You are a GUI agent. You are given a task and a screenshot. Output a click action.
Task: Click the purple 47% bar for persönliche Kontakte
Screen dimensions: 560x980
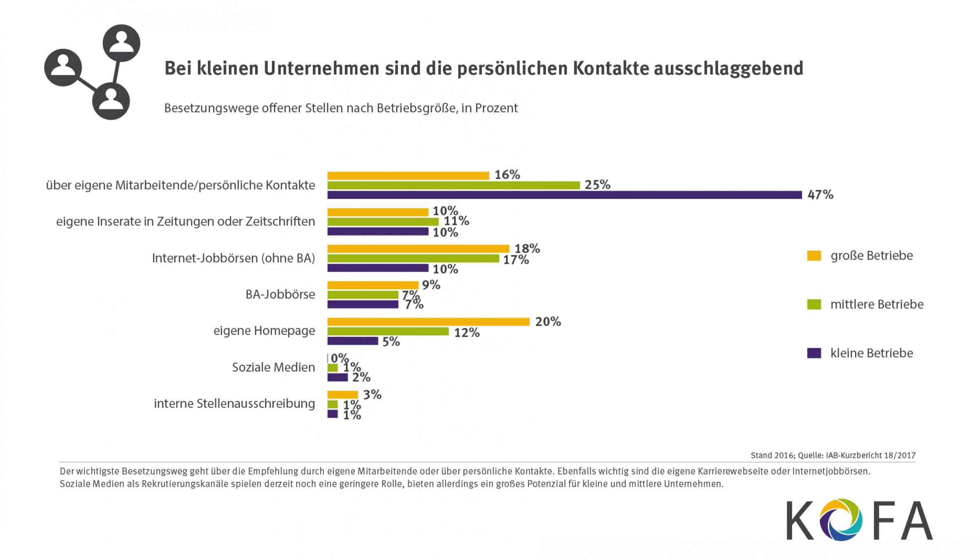coord(564,195)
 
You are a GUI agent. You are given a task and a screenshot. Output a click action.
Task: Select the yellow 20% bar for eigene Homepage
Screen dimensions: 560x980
coord(428,322)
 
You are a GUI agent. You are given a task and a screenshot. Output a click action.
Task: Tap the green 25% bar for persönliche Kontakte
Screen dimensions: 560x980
coord(453,185)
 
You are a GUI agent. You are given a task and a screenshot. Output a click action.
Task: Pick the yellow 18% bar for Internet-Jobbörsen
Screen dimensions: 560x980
coord(418,249)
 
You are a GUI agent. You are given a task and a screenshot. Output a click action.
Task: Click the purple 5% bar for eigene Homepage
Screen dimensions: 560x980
coord(353,341)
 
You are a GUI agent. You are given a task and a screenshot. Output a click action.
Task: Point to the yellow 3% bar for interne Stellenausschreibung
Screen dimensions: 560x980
coord(343,395)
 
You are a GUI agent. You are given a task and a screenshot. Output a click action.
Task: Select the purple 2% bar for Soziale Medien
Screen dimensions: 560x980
coord(338,377)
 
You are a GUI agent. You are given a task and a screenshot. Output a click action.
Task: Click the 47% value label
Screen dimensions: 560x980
coord(820,195)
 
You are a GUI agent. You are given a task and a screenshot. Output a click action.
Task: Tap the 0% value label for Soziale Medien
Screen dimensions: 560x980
coord(339,358)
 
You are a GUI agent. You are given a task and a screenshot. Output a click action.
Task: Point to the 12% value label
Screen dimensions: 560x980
coord(467,333)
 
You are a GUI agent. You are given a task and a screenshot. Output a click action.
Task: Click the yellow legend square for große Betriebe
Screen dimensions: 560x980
coord(814,256)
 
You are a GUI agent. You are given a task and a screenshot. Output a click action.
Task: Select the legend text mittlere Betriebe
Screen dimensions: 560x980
coord(877,304)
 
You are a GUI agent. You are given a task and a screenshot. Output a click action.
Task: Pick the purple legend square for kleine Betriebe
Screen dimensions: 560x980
coord(814,353)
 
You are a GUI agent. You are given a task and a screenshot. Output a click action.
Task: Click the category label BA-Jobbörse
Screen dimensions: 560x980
coord(280,295)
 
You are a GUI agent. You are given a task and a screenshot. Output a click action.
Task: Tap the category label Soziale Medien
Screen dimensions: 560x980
coord(274,367)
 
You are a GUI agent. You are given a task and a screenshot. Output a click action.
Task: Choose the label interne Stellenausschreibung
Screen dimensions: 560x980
coord(234,404)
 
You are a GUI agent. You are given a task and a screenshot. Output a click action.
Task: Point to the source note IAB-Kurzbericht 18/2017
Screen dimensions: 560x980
coord(871,455)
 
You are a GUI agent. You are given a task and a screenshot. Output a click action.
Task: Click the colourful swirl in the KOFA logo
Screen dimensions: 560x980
coord(841,520)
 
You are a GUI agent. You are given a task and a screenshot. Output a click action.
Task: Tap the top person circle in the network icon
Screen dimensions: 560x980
coord(121,43)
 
